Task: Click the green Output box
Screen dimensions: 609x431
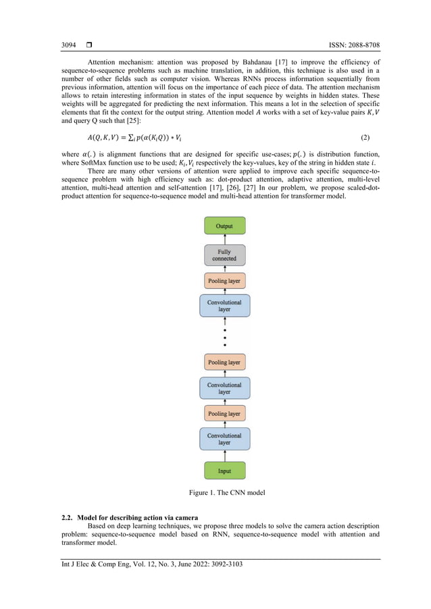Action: [x=224, y=226]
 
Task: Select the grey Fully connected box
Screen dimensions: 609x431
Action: [x=224, y=255]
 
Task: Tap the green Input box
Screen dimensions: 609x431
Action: [x=224, y=471]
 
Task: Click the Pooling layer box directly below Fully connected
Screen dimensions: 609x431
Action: [x=224, y=280]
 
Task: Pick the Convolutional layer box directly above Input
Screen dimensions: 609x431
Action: [x=224, y=440]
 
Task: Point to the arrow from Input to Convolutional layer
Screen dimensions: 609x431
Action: [x=224, y=456]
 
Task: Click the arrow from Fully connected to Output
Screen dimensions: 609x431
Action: [x=224, y=239]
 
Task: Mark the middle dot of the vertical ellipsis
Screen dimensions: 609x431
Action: [x=224, y=337]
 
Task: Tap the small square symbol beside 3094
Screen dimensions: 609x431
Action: [x=88, y=45]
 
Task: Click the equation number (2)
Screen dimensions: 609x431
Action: [x=365, y=137]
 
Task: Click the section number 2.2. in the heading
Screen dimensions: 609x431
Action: [x=70, y=517]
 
